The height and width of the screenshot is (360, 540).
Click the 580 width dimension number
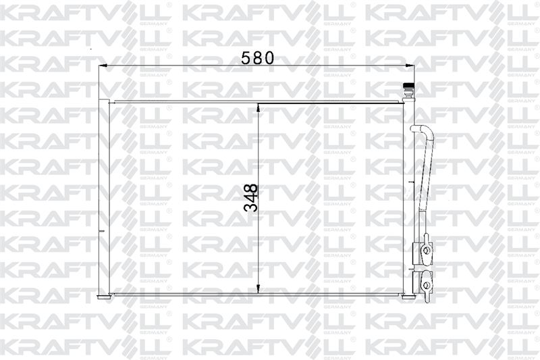[257, 58]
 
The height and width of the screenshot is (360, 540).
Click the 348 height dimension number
[250, 198]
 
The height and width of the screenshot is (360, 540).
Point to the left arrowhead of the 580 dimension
[103, 65]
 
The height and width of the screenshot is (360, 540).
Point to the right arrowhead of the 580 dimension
[410, 65]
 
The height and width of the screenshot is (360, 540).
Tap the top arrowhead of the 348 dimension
[259, 107]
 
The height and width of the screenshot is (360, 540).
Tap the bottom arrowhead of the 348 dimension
[259, 289]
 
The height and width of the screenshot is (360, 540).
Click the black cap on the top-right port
[408, 85]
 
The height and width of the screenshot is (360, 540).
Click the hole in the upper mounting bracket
[426, 251]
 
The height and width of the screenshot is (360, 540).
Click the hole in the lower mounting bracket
[427, 285]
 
